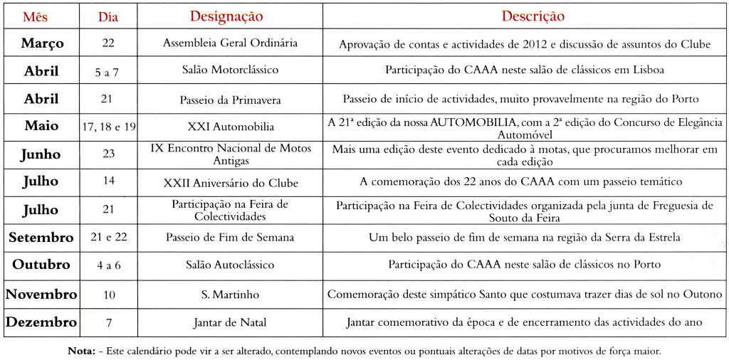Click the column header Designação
(x=226, y=16)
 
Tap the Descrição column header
(x=533, y=16)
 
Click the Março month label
(x=42, y=43)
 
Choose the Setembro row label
(x=41, y=237)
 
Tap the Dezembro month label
(x=41, y=322)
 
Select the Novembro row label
(x=41, y=294)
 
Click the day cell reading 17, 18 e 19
(x=109, y=127)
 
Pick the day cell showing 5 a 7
(x=108, y=71)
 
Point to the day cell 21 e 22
(x=108, y=237)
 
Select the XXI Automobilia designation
(x=230, y=127)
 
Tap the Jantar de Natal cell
(x=230, y=323)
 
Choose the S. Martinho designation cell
(x=230, y=294)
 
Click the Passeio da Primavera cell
(x=230, y=100)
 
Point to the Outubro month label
(x=41, y=265)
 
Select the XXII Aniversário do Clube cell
(x=230, y=183)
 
